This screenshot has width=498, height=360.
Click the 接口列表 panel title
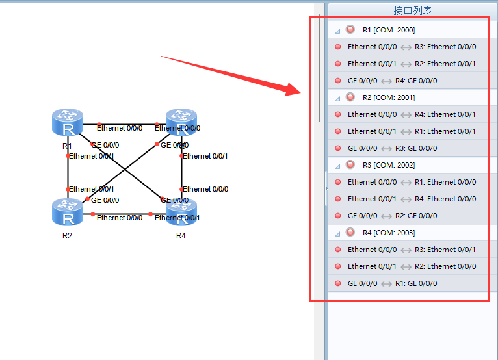coord(412,10)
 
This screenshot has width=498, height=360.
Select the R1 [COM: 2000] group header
coord(388,30)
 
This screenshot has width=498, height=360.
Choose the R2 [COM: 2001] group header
coord(388,97)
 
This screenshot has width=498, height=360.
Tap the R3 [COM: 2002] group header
coord(388,165)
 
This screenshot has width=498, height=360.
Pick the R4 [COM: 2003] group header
coord(388,233)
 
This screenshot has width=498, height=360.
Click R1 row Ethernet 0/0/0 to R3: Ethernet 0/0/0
coord(412,47)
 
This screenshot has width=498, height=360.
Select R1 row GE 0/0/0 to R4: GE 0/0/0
coord(392,81)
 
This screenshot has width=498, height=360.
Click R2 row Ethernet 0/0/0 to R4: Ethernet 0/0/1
coord(412,114)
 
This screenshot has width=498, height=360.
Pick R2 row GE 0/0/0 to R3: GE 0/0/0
coord(392,148)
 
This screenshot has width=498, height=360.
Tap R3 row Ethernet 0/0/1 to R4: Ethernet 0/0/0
coord(412,199)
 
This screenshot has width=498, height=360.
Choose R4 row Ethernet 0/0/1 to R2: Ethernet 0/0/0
coord(412,266)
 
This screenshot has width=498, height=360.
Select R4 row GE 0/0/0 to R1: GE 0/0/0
coord(392,283)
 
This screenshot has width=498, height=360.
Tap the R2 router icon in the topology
coord(68,212)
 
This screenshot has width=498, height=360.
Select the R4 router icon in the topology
coord(181,212)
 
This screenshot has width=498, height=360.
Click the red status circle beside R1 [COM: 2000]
coord(350,30)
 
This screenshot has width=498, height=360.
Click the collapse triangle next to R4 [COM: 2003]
coord(338,233)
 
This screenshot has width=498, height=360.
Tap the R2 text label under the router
coord(68,235)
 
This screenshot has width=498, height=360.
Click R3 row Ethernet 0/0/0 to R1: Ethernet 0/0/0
coord(412,182)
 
